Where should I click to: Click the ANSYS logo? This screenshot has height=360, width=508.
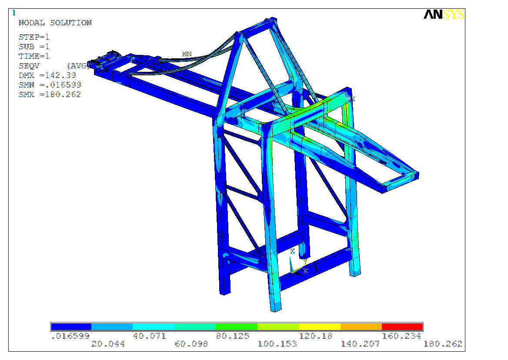(444, 14)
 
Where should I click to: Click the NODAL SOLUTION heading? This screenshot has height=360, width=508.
(55, 23)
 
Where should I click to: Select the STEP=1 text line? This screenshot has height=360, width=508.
(34, 37)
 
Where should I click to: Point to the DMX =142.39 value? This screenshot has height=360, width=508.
(47, 75)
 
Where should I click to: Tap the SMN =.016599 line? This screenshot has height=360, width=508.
(50, 84)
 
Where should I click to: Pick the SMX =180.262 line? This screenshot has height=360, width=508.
(50, 94)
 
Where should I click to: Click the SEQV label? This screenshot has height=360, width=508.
(29, 66)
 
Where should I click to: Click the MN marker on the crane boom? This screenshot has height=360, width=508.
(187, 54)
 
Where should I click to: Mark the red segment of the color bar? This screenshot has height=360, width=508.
(402, 326)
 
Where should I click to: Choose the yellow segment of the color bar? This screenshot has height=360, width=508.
(319, 326)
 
